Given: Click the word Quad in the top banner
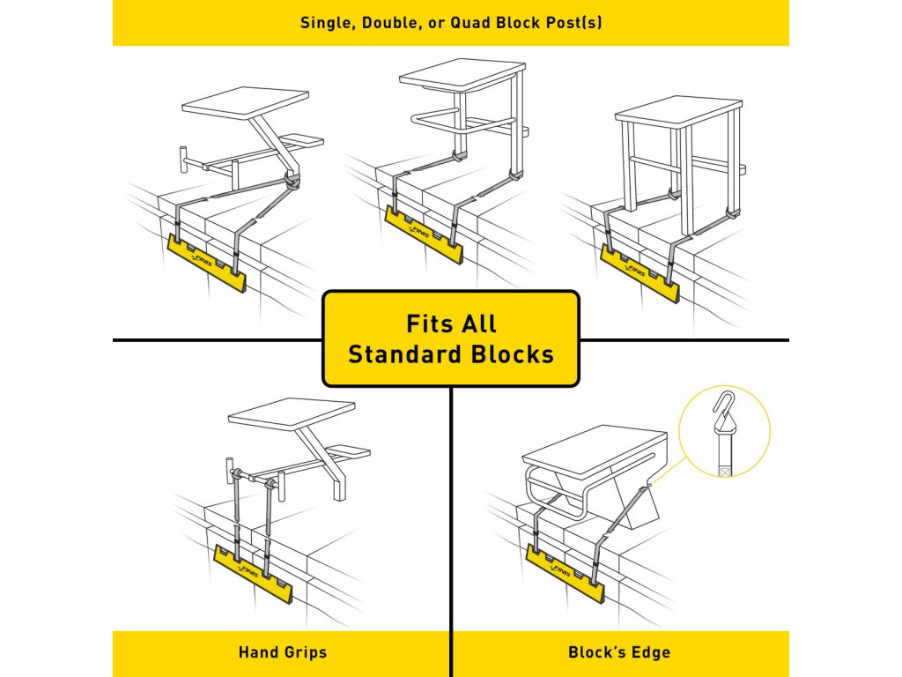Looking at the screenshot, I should pyautogui.click(x=468, y=23).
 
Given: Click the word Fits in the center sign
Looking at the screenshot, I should pyautogui.click(x=428, y=324).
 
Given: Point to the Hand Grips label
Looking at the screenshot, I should pyautogui.click(x=282, y=653).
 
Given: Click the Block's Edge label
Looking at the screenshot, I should pyautogui.click(x=618, y=653).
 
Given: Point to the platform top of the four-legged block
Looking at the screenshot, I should pyautogui.click(x=677, y=111).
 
